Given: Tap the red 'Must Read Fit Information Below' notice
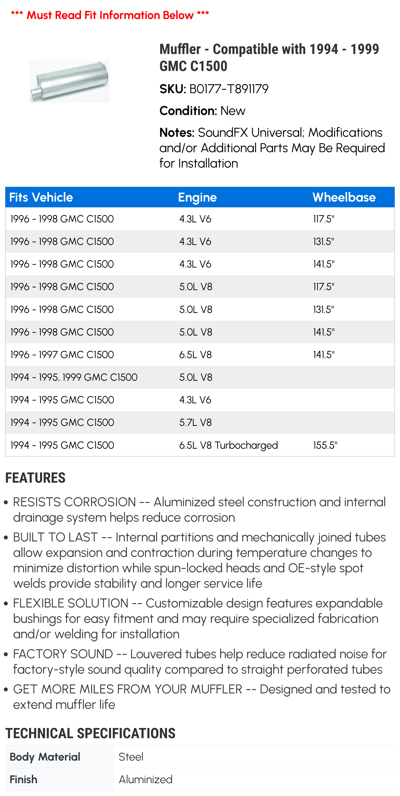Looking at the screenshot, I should (110, 15).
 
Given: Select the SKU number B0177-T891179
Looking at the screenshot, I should (229, 89).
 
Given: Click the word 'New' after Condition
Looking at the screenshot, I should (233, 111).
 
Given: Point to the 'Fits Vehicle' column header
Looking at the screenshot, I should (41, 197).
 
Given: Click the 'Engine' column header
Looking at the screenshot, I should (197, 197).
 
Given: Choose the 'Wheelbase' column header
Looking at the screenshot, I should (344, 197).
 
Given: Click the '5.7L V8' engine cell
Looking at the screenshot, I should (195, 422).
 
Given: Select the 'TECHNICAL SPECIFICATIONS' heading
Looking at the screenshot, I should (90, 733).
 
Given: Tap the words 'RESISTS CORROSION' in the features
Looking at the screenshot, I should (74, 502).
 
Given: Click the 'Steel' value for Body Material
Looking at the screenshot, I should (131, 757).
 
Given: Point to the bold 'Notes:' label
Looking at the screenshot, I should (177, 133).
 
